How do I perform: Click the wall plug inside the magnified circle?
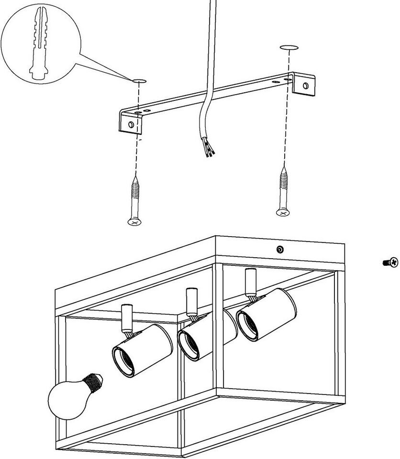pyautogui.click(x=38, y=45)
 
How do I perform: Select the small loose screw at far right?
pyautogui.click(x=391, y=262)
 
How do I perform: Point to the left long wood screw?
pyautogui.click(x=135, y=199)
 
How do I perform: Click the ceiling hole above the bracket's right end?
pyautogui.click(x=289, y=48)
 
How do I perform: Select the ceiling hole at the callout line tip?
pyautogui.click(x=139, y=80)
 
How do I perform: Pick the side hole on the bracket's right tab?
pyautogui.click(x=306, y=86)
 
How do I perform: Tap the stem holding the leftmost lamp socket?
pyautogui.click(x=127, y=317)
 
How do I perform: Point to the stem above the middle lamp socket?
pyautogui.click(x=191, y=301)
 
